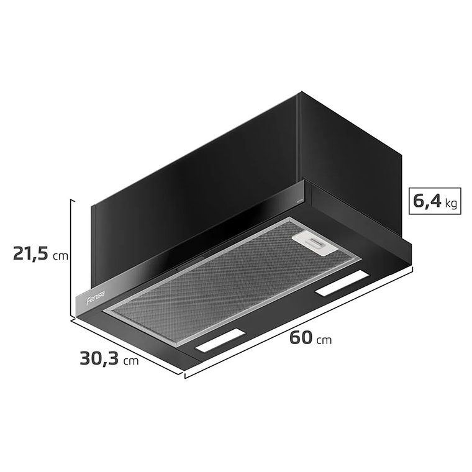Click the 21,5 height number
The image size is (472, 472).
point(30,255)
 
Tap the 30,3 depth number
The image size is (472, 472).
point(98,359)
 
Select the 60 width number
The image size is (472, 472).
point(300,338)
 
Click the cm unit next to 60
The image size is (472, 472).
point(324,340)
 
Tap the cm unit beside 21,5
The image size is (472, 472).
point(60,256)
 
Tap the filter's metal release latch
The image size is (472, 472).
point(314,243)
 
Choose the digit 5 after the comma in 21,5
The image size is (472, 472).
point(44,255)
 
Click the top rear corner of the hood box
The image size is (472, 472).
point(300,93)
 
